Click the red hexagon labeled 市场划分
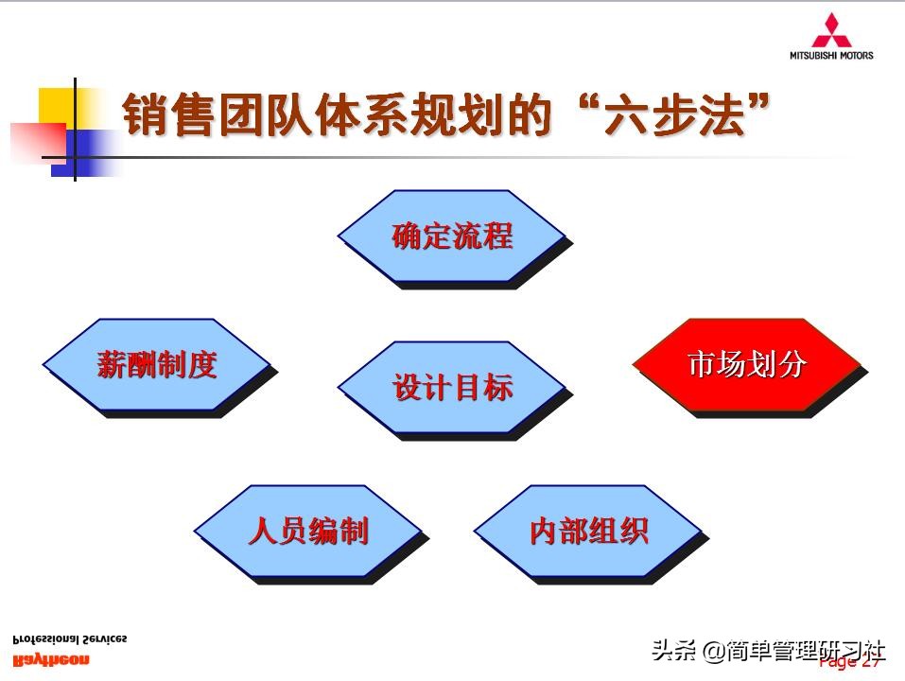pyautogui.click(x=746, y=365)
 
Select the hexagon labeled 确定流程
pyautogui.click(x=451, y=236)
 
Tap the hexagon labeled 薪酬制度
pyautogui.click(x=157, y=365)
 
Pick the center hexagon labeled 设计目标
pyautogui.click(x=452, y=388)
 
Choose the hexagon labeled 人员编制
pyautogui.click(x=307, y=532)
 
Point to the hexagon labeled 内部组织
pyautogui.click(x=587, y=532)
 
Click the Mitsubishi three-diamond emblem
pyautogui.click(x=831, y=30)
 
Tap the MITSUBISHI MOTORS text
pyautogui.click(x=831, y=55)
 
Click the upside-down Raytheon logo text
pyautogui.click(x=51, y=659)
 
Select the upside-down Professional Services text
pyautogui.click(x=69, y=639)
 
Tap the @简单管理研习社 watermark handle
pyautogui.click(x=794, y=651)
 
